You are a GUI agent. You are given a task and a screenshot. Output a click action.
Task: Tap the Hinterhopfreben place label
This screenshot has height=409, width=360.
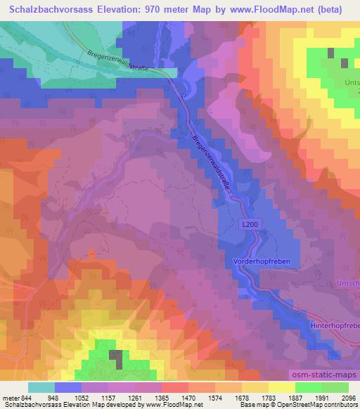click(x=335, y=326)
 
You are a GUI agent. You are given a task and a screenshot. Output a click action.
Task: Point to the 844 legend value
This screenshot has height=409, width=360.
click(x=26, y=396)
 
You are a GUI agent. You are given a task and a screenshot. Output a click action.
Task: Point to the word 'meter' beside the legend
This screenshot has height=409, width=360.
click(x=8, y=396)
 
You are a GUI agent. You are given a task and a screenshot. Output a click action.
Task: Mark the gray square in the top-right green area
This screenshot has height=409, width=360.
click(x=344, y=63)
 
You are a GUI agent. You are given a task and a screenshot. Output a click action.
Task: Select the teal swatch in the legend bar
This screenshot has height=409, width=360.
click(x=41, y=387)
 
